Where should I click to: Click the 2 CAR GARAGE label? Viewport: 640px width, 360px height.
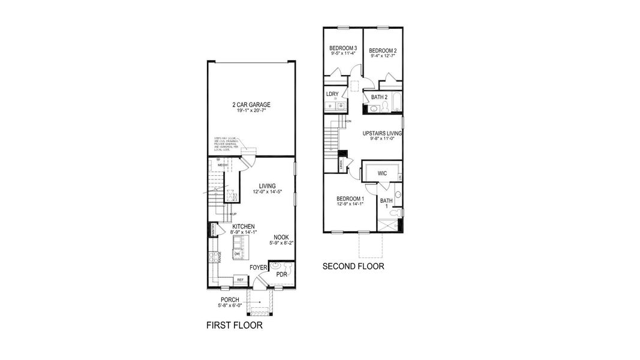[x=251, y=105]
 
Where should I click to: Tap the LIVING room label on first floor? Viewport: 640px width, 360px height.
[x=267, y=185]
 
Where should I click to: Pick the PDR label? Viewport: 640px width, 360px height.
[x=281, y=274]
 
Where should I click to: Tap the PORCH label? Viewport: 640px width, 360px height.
[x=230, y=299]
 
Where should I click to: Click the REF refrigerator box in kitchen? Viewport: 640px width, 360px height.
[x=240, y=280]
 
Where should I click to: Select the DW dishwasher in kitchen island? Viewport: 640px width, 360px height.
[x=237, y=254]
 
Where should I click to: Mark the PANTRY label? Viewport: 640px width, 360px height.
[x=213, y=229]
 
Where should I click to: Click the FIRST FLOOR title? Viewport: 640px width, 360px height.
[x=234, y=326]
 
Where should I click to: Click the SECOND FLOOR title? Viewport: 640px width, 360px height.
[x=353, y=266]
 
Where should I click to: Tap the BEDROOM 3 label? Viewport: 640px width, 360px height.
[x=343, y=49]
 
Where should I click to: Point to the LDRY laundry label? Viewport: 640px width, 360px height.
[x=332, y=94]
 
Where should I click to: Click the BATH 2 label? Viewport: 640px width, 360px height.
[x=379, y=97]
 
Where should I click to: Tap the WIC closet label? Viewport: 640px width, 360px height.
[x=382, y=173]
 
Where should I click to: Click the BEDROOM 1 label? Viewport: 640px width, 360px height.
[x=350, y=199]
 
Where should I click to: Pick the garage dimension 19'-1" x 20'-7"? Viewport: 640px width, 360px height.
[x=251, y=111]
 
